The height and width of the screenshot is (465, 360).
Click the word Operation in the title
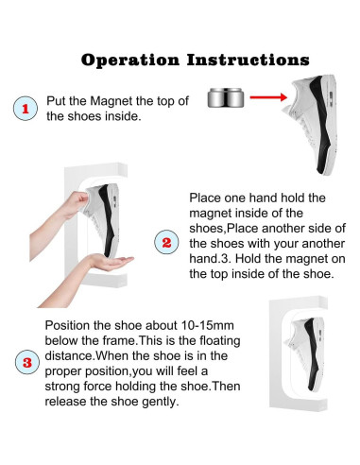(130, 60)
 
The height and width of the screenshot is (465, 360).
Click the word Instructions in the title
(249, 60)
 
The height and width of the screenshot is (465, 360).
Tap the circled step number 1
(26, 109)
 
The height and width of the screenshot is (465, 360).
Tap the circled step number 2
(166, 242)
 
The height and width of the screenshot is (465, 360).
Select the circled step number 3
(27, 362)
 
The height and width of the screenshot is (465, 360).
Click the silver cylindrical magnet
(226, 97)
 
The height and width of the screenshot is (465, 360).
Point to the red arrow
(268, 97)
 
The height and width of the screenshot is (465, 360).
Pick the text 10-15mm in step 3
(208, 325)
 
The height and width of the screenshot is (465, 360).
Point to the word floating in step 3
(220, 340)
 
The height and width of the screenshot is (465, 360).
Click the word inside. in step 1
(123, 116)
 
